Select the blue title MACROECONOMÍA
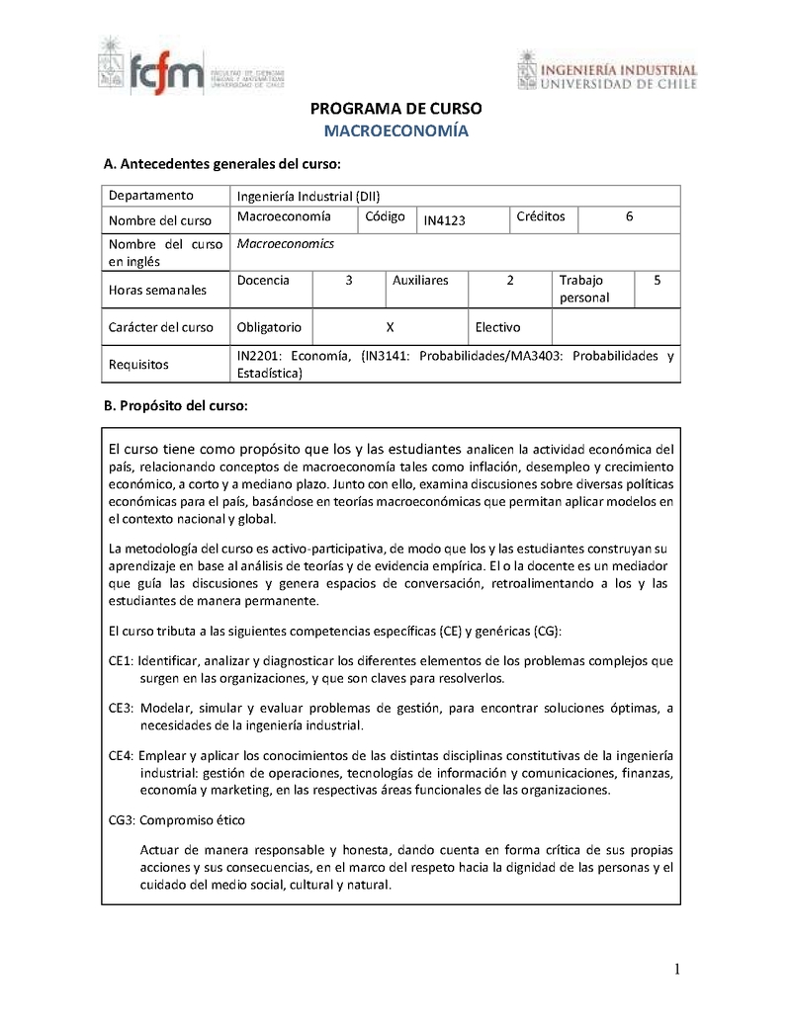coord(395,130)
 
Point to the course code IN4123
coord(444,220)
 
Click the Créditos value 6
coord(630,216)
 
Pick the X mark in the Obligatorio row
coord(390,327)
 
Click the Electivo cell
coord(497,327)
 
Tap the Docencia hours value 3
coord(349,281)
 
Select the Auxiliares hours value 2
coord(510,281)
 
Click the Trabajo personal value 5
coord(658,281)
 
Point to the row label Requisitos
coord(138,365)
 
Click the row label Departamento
coord(150,195)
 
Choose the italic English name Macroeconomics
coord(286,243)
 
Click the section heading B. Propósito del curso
coord(176,406)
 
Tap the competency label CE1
coord(121,660)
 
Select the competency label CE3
coord(121,708)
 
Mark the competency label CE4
coord(121,755)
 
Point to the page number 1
coord(676,970)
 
